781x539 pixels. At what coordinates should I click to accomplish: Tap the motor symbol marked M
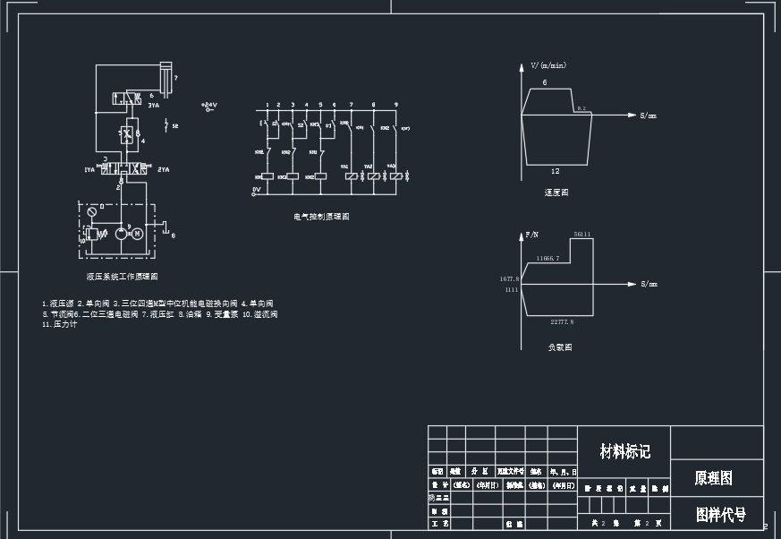(138, 234)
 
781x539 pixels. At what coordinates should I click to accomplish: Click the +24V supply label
(209, 105)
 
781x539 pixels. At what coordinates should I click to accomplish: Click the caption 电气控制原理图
(321, 217)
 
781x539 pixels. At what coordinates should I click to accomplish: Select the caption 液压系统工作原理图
(123, 277)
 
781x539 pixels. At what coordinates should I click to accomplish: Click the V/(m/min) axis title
(548, 65)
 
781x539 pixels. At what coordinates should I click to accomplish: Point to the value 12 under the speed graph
(555, 170)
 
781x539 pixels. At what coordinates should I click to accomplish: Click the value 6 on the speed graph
(544, 82)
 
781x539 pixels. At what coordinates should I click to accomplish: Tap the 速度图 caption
(556, 192)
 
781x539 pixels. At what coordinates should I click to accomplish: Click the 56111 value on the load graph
(582, 235)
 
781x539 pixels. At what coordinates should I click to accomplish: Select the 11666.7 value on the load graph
(548, 258)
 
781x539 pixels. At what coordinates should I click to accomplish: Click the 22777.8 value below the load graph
(562, 321)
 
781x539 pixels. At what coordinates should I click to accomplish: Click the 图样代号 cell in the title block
(720, 515)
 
